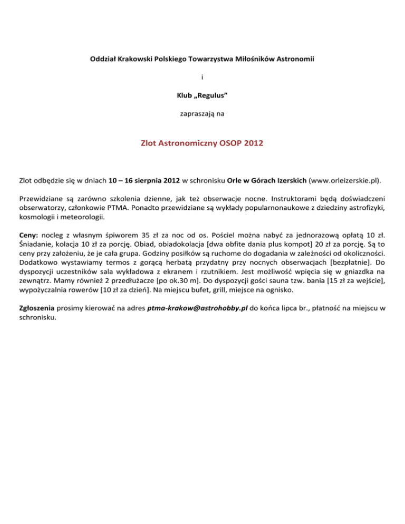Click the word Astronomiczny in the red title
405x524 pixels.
click(185, 142)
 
